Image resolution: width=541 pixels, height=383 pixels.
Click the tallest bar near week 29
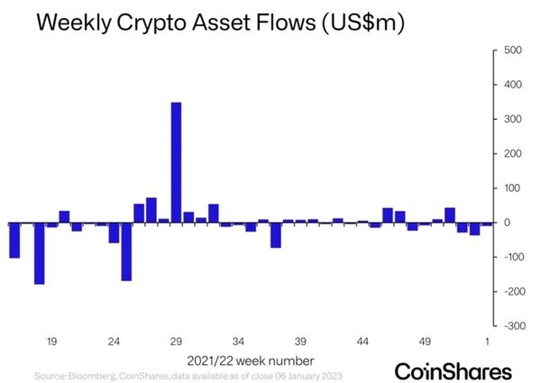pos(176,162)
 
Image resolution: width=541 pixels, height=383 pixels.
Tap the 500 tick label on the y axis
pos(511,50)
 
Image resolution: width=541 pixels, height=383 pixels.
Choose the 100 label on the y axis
pos(511,188)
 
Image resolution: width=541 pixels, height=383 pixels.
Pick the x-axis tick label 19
pos(51,342)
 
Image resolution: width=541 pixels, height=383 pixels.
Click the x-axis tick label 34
pos(238,342)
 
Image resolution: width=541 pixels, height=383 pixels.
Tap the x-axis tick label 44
pos(362,342)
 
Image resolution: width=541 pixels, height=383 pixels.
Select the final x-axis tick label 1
pos(488,342)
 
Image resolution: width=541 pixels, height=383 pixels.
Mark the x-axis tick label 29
pos(176,342)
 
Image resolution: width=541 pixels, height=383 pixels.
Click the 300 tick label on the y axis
pos(511,120)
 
